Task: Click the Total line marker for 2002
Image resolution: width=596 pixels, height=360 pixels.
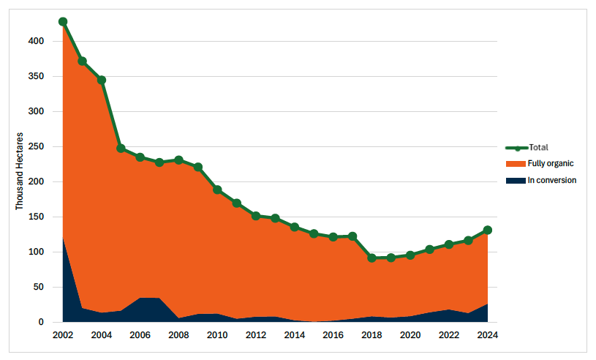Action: (x=63, y=22)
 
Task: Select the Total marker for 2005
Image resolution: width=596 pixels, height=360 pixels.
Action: (x=121, y=149)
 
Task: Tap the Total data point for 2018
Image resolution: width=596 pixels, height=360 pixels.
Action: (x=371, y=258)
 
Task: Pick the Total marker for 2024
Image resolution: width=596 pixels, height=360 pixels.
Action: (x=488, y=230)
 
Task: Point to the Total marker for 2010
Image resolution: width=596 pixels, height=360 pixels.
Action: (x=217, y=190)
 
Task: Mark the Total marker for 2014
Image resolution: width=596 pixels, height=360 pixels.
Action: (x=295, y=227)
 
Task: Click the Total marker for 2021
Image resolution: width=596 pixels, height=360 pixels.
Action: (x=430, y=250)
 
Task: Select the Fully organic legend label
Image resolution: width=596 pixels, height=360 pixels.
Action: (x=552, y=164)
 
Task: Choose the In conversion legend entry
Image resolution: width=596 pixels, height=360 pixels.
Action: (x=552, y=180)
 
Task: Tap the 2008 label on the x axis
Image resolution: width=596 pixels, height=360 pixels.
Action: (x=178, y=335)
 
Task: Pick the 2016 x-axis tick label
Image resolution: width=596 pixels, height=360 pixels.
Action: (x=333, y=335)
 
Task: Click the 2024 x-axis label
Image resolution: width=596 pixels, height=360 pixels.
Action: (x=488, y=335)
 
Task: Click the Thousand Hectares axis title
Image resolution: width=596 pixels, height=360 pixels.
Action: (x=20, y=171)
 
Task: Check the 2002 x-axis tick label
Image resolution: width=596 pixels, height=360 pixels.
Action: (x=63, y=335)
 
